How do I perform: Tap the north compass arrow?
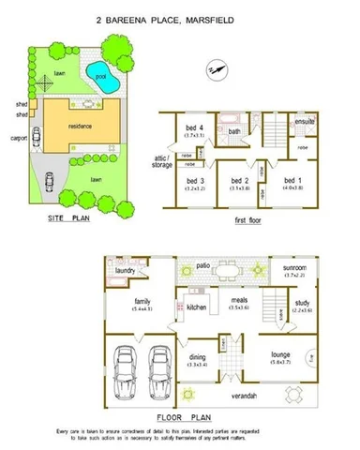click(218, 68)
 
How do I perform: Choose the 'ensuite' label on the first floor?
click(305, 122)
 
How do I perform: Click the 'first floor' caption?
click(248, 221)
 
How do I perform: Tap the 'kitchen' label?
click(197, 307)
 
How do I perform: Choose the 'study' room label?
click(304, 303)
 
